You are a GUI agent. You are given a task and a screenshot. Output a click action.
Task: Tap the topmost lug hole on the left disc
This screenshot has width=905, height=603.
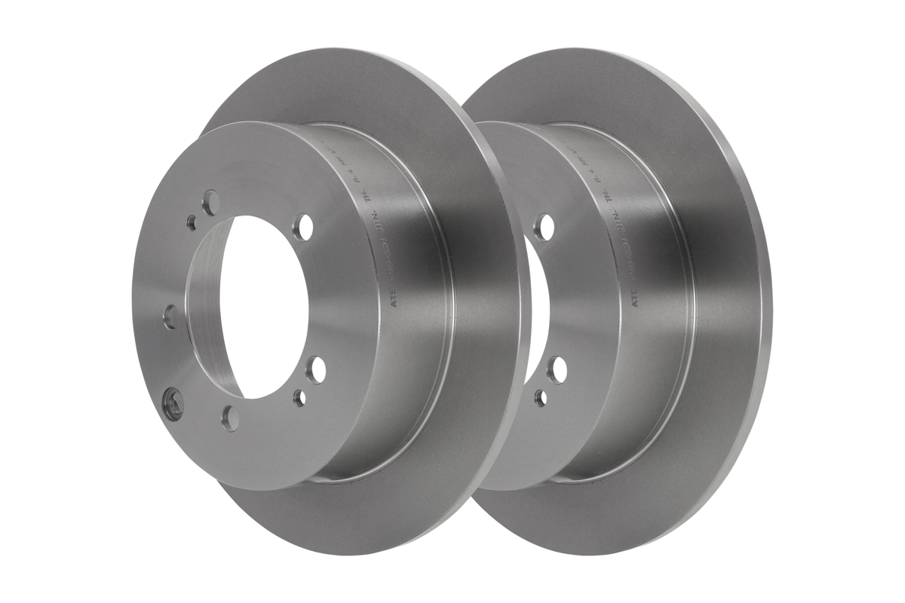[x=212, y=202]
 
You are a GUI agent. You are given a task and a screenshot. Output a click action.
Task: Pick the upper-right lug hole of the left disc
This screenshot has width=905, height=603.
[x=303, y=226]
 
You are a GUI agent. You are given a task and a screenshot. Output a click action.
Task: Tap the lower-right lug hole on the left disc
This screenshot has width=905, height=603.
[x=316, y=369]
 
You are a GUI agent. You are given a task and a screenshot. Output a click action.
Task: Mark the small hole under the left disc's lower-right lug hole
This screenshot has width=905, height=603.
[x=300, y=397]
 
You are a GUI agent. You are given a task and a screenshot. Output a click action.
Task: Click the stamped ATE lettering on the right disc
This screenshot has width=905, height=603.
[x=636, y=295]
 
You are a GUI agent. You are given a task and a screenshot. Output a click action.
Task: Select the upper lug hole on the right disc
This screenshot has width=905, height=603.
[x=544, y=227]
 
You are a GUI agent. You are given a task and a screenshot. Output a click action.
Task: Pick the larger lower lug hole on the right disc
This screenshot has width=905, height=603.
[x=557, y=369]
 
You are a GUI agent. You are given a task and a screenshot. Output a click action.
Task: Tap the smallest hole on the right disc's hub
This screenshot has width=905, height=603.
[x=541, y=397]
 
